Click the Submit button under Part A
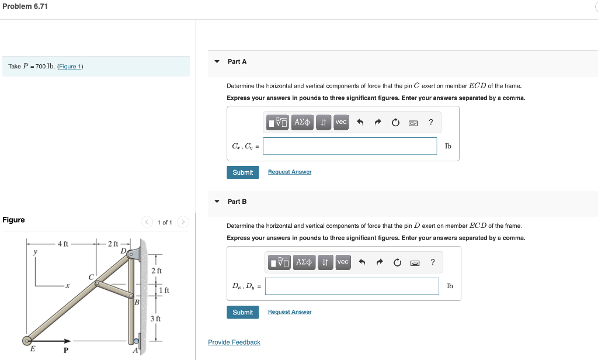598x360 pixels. point(242,172)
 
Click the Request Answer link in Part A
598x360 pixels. point(290,172)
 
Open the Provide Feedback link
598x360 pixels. point(234,342)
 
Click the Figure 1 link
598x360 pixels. point(70,67)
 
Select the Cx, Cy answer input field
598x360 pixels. point(350,146)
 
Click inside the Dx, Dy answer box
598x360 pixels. point(352,286)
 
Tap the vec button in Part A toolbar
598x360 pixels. point(341,122)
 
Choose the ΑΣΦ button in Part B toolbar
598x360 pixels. point(304,262)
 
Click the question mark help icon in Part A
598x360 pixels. point(430,122)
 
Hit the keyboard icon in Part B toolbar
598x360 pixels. point(415,262)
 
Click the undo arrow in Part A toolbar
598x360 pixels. point(360,122)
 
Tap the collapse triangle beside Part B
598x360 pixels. point(217,202)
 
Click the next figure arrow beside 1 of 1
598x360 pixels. point(183,222)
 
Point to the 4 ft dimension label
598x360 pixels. point(62,244)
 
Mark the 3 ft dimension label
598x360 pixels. point(155,319)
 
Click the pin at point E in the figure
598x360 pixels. point(27,341)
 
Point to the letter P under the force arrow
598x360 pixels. point(65,350)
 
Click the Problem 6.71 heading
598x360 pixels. point(25,6)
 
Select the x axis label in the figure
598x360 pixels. point(68,286)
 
